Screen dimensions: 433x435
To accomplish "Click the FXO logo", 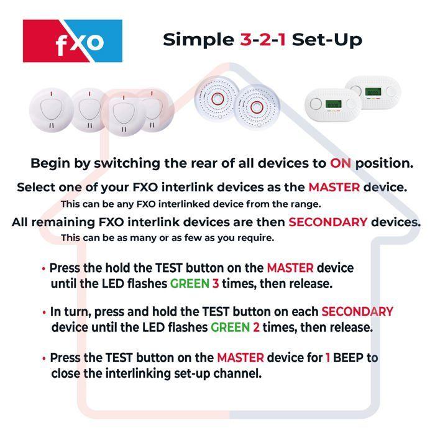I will click(73, 41).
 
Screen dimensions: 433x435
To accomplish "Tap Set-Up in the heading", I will click(327, 40).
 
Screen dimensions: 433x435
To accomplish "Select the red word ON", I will click(341, 164).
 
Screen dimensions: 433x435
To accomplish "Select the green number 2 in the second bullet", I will click(255, 327).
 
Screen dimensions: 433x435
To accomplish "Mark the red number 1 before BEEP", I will click(327, 358).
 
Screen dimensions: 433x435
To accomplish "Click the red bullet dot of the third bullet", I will click(43, 358).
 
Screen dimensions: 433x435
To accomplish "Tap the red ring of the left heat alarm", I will click(217, 99).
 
